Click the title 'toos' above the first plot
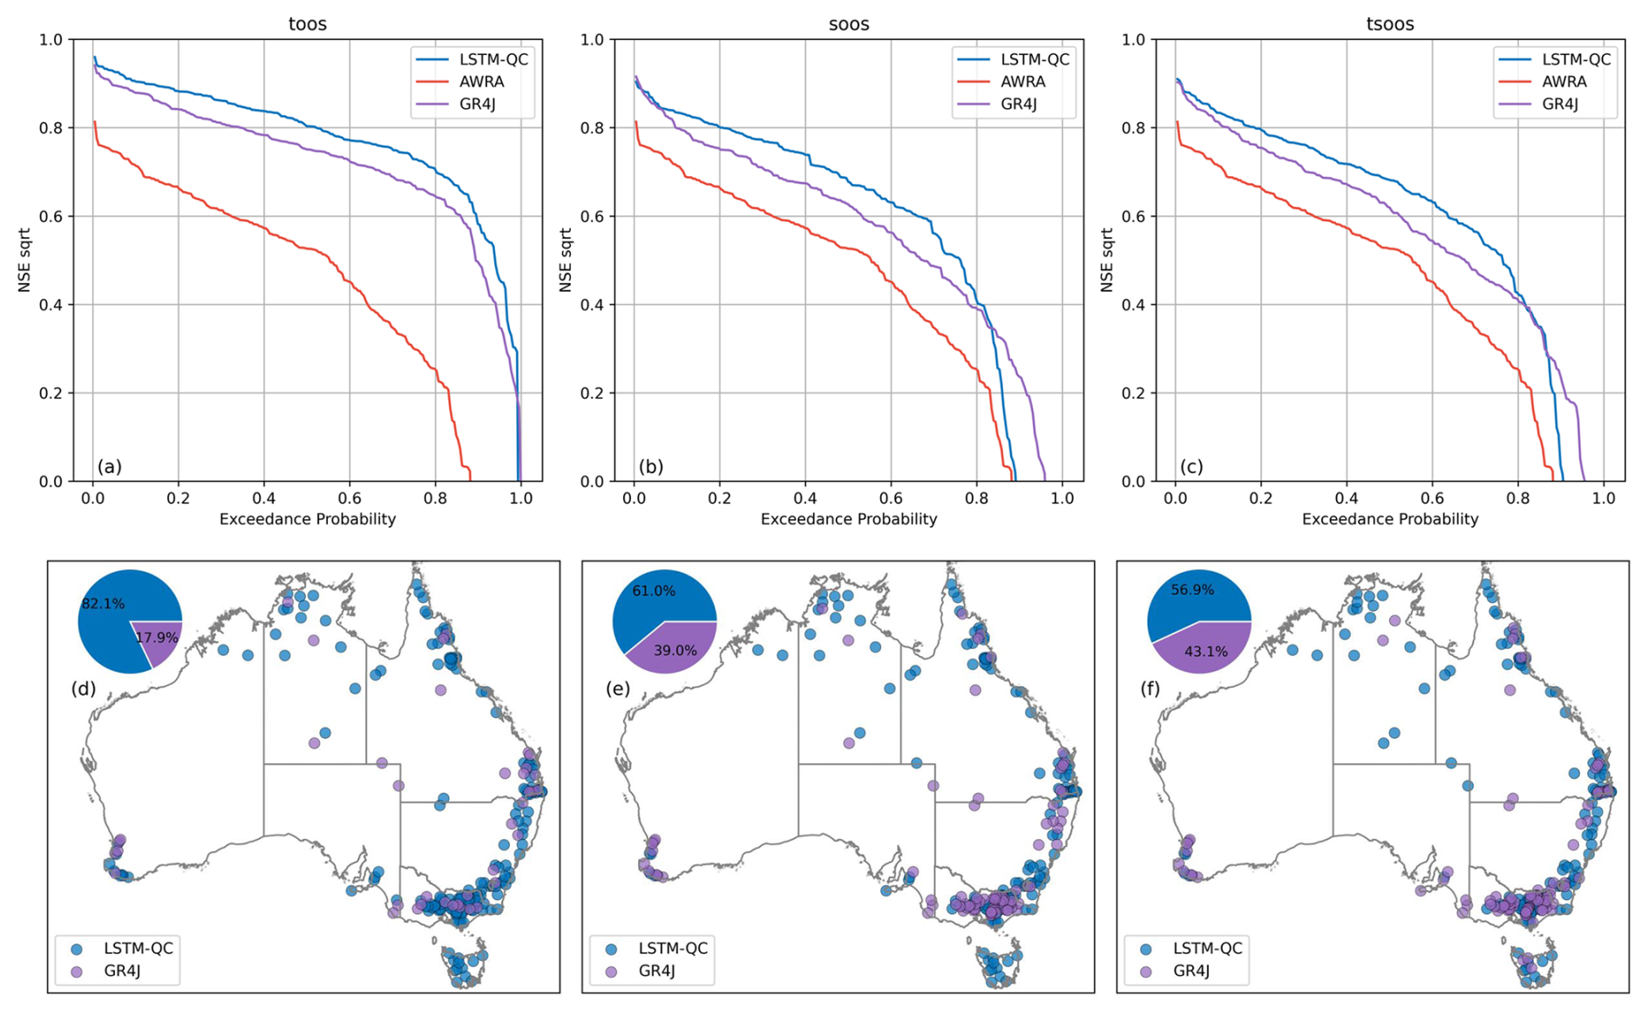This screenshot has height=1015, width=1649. click(307, 24)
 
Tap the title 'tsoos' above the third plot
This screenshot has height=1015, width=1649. click(1389, 24)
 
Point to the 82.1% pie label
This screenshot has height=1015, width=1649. click(103, 603)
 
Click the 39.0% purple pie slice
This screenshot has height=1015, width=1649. click(675, 649)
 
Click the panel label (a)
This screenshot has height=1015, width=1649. click(110, 467)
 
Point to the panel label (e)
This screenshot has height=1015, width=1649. click(617, 689)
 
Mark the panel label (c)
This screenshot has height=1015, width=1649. click(1191, 467)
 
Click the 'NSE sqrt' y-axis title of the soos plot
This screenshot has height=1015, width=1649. click(566, 260)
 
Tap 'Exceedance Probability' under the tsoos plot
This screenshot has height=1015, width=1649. click(1390, 519)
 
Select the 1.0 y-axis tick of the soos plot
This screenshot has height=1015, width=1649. click(593, 40)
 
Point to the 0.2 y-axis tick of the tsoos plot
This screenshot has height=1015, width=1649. click(1134, 393)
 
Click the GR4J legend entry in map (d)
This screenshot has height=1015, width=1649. click(122, 971)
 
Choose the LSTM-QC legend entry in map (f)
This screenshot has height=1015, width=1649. click(1206, 948)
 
